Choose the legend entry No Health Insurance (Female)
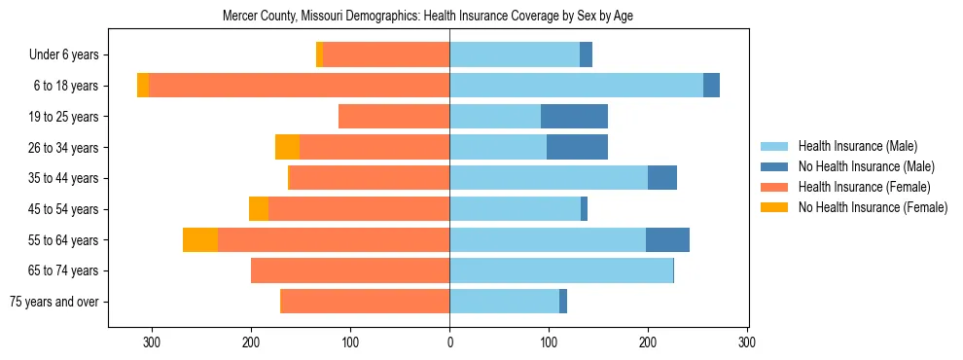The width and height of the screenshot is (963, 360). [872, 207]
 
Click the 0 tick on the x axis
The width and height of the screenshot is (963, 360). [449, 342]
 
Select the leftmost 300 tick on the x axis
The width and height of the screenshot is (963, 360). [152, 342]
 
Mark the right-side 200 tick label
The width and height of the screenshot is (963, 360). [648, 342]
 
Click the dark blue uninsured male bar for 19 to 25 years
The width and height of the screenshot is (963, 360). [574, 117]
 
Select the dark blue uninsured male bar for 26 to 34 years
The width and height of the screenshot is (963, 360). [577, 147]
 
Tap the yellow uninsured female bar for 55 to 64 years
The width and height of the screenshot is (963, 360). [200, 240]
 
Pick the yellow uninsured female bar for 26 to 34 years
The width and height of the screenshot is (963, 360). [287, 147]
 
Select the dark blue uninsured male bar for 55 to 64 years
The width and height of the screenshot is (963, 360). [667, 240]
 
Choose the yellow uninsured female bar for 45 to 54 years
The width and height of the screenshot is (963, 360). [259, 209]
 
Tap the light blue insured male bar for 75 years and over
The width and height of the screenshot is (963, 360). [504, 302]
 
